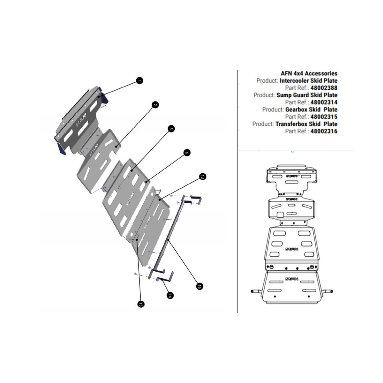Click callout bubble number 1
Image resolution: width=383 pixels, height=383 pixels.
coord(139,81)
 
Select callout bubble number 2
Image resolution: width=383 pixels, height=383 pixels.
coord(155,105)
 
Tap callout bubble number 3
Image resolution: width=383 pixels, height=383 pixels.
coord(171,129)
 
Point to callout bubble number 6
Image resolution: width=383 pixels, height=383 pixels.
coord(187,153)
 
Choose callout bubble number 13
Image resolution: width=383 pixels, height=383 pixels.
coord(202,176)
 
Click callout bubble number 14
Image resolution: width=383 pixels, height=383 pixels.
coord(170,296)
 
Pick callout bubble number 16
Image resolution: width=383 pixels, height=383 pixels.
coord(199,286)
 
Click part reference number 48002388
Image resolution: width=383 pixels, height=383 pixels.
coord(324,88)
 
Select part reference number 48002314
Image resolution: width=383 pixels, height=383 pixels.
coord(324,102)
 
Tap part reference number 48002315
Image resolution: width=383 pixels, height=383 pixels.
coord(324,117)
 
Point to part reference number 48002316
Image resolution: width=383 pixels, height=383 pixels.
coord(324,131)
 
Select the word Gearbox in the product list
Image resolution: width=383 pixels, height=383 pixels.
coord(297,109)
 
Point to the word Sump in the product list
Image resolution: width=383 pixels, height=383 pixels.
coord(284,95)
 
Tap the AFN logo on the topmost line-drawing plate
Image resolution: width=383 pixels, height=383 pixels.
coord(292,176)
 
